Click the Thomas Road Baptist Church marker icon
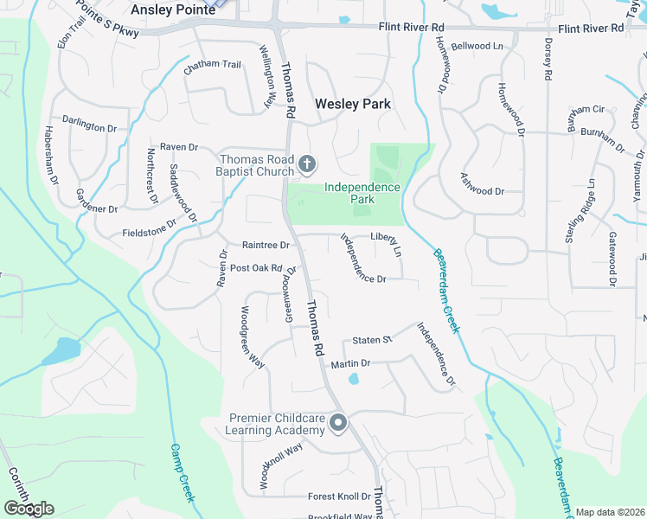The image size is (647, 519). [306, 163]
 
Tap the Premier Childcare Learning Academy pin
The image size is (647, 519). [338, 423]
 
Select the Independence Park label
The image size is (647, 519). [362, 193]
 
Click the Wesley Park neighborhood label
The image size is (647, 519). [352, 104]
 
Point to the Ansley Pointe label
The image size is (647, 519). [172, 10]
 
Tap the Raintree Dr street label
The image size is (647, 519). [266, 246]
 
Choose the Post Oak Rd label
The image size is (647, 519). [256, 268]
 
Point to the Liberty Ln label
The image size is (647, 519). [386, 242]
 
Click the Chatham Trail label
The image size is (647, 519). [212, 64]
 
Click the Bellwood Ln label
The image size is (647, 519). [477, 46]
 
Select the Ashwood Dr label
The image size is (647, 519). [483, 190]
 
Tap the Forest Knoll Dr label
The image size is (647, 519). [339, 497]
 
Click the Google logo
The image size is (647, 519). [29, 509]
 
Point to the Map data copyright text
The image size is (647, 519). [610, 512]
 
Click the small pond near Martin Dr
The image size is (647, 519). [353, 379]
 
